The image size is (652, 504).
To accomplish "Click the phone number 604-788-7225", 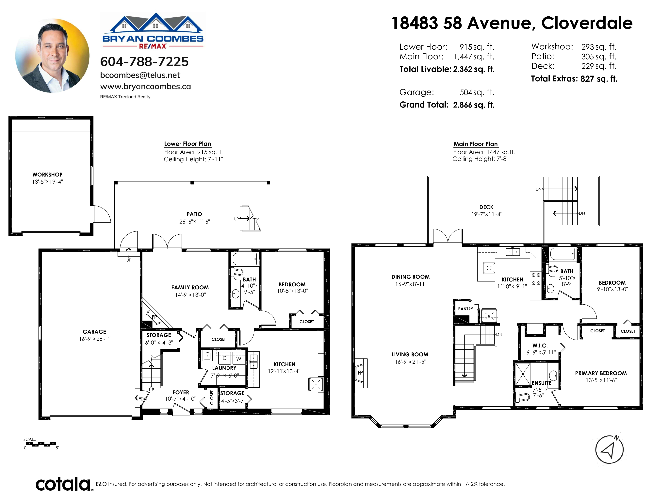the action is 144,62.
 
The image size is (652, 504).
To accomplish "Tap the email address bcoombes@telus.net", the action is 140,75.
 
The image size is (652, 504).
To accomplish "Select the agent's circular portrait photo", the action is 52,56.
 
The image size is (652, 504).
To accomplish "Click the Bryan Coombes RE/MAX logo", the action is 153,31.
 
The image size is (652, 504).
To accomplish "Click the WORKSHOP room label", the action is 47,175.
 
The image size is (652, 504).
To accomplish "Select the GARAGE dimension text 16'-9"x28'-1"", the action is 95,339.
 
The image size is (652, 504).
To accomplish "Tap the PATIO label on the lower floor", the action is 194,214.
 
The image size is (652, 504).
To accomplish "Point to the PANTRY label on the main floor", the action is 466,309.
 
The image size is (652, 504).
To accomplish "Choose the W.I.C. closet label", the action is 540,345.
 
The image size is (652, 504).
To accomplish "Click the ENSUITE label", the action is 541,383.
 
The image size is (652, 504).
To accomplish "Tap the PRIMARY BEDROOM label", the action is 601,373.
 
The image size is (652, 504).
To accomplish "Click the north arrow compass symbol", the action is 609,450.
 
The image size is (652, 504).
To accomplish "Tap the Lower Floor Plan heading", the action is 187,144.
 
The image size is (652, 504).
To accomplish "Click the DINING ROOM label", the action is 411,277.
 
